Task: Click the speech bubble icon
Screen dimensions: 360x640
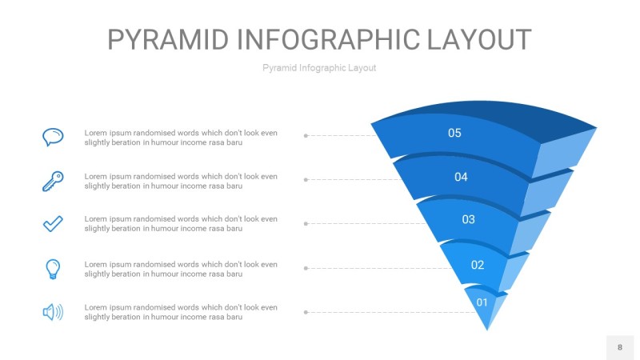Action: tap(53, 137)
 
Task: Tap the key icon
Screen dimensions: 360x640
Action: tap(53, 181)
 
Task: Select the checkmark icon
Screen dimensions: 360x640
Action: tap(53, 224)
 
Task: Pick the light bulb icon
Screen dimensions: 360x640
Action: tap(53, 268)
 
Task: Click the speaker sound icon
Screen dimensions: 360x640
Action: tap(53, 312)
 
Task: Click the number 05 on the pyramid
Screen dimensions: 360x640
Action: tap(454, 133)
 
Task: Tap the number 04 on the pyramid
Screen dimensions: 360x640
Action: tap(461, 177)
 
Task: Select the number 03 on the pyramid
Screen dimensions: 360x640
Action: tap(469, 219)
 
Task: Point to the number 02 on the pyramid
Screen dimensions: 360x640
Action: tap(478, 265)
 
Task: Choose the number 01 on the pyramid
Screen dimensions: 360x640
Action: tap(482, 302)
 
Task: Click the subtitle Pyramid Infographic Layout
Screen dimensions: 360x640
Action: tap(319, 68)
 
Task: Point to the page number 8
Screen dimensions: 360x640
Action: tap(619, 347)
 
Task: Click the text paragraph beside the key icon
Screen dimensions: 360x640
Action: tap(181, 181)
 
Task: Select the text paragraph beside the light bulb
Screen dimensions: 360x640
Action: tap(181, 269)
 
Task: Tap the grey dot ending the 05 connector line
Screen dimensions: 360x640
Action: tap(306, 136)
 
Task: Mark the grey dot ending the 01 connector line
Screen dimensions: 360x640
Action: tap(306, 312)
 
